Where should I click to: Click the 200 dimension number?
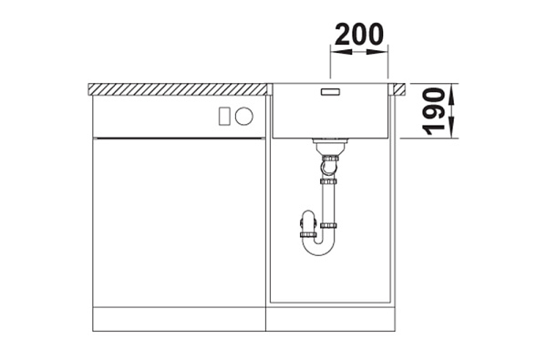click(359, 35)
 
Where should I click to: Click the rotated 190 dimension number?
click(434, 111)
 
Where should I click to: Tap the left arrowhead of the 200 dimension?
click(341, 52)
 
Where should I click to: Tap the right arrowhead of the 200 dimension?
click(377, 52)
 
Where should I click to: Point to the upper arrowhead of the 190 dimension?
click(451, 94)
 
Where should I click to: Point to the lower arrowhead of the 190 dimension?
click(451, 128)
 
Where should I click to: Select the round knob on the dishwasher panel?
click(243, 116)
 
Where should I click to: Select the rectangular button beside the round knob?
click(224, 116)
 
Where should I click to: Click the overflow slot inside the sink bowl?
click(330, 92)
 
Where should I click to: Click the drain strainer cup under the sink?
click(330, 147)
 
